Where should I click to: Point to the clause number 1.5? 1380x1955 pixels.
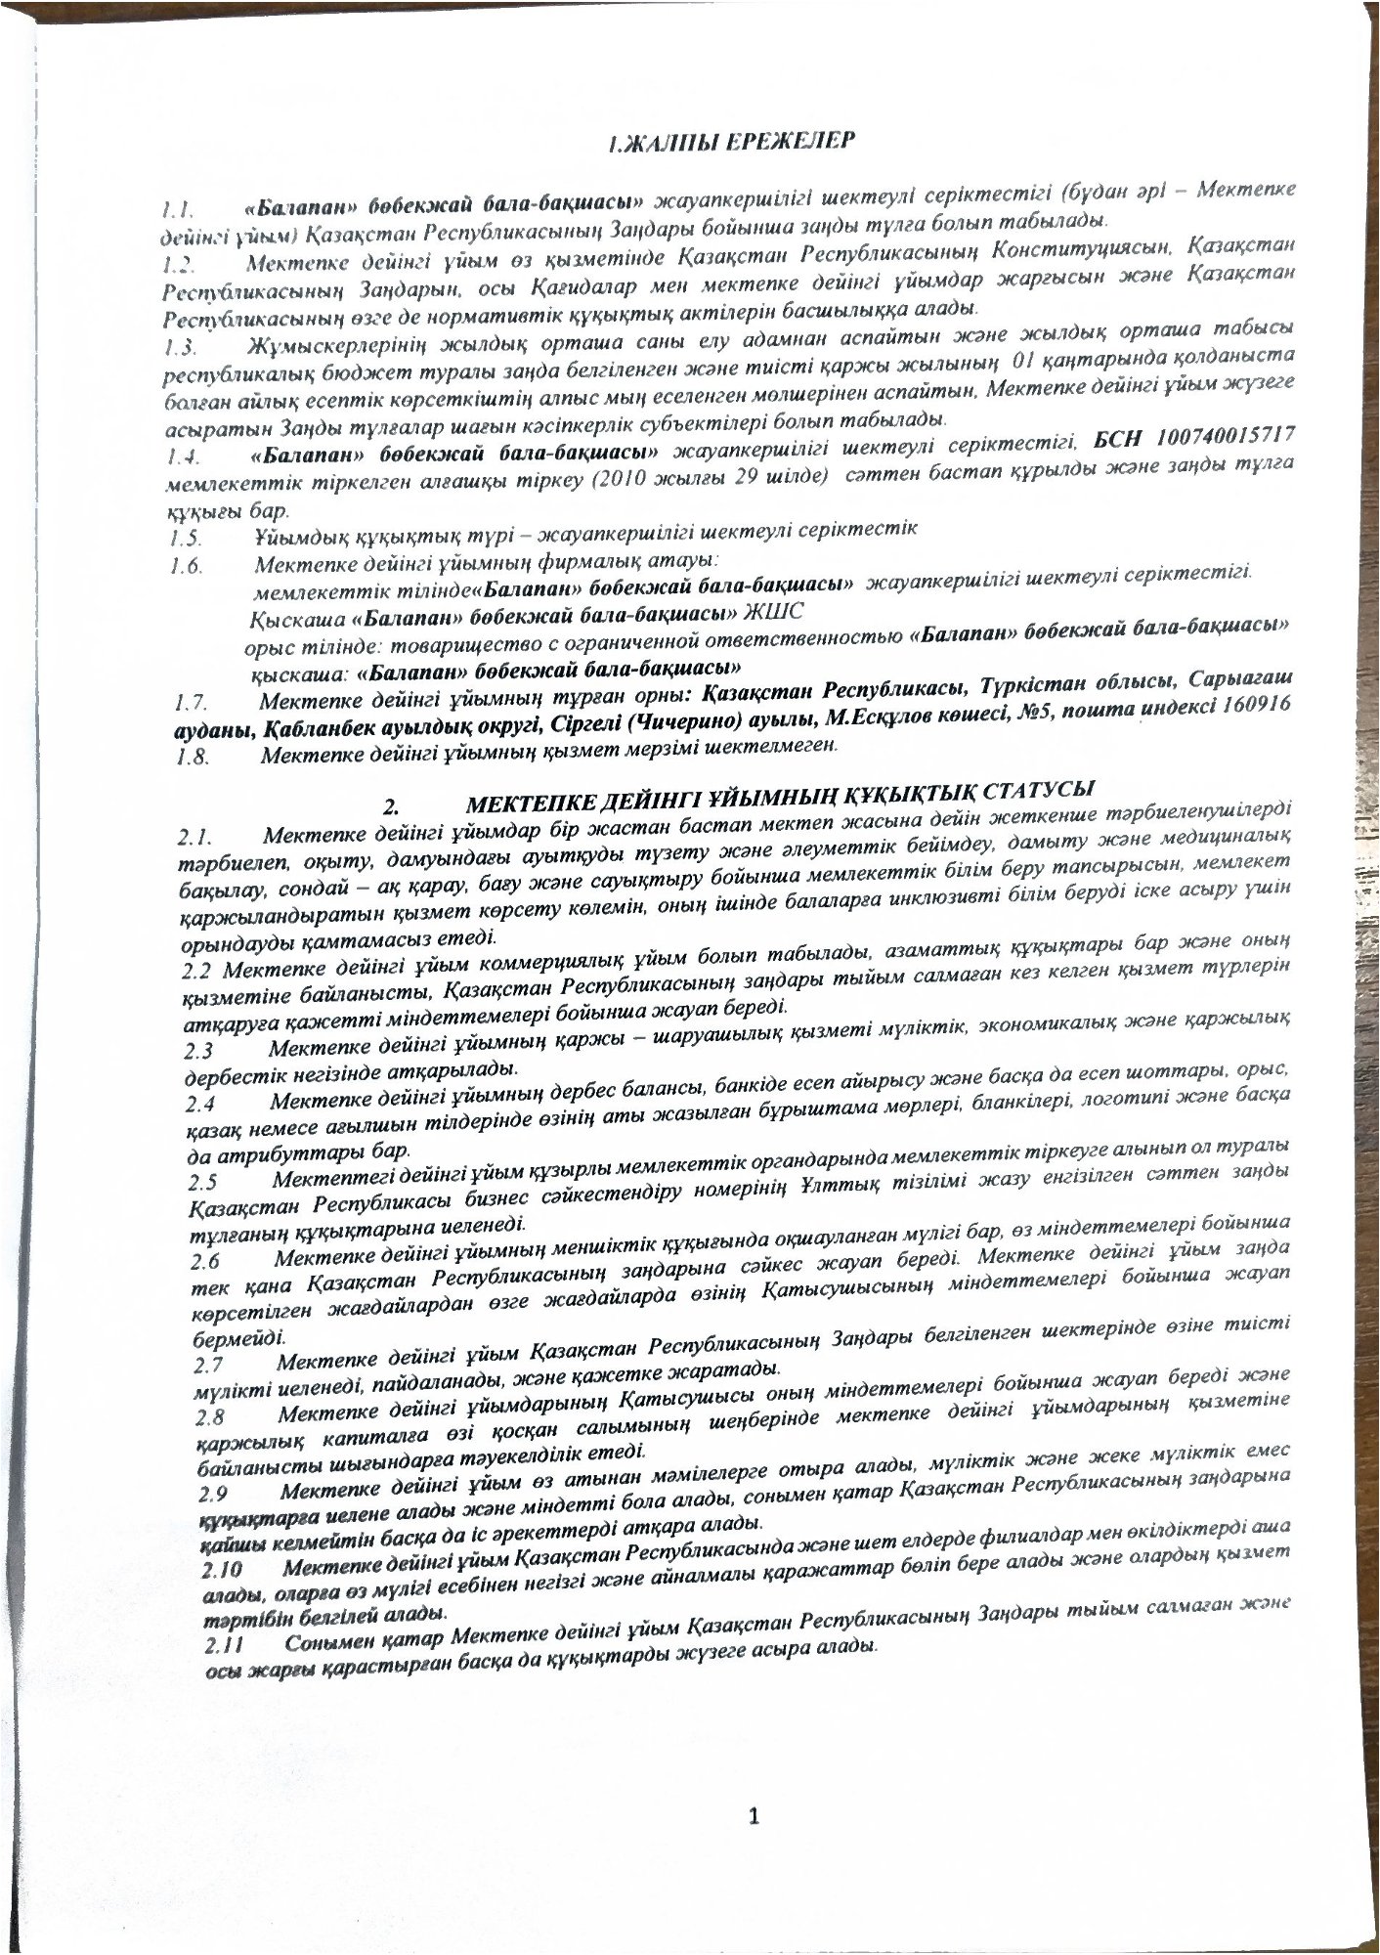tap(185, 538)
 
